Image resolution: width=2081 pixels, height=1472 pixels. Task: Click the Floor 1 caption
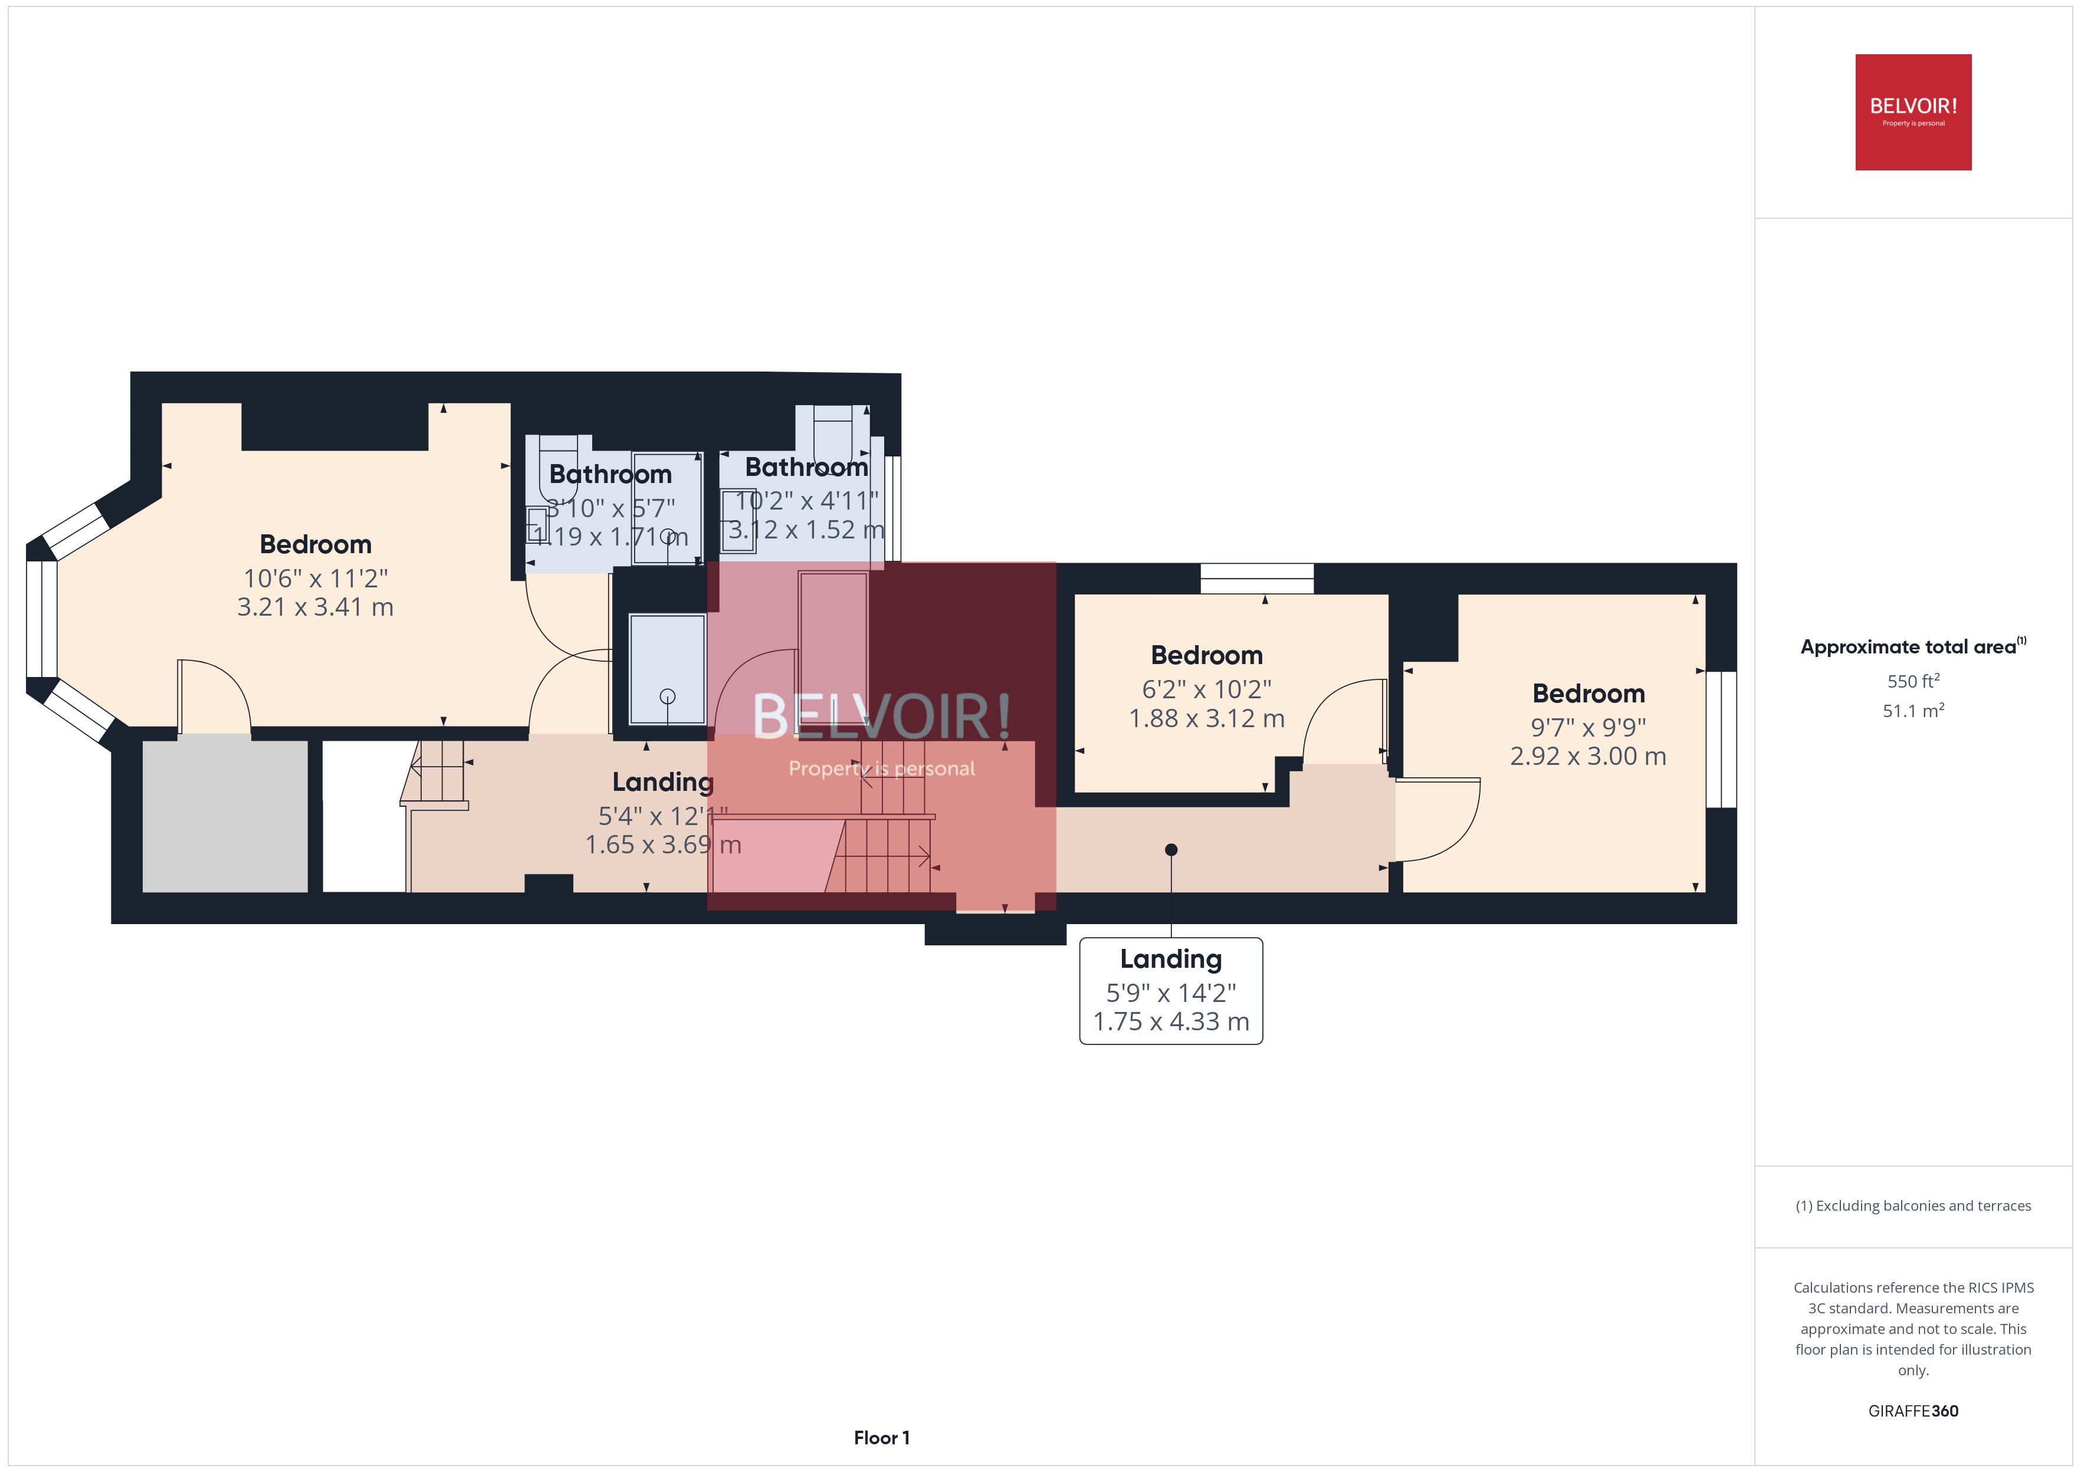[881, 1438]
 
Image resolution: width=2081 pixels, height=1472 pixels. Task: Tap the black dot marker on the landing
[1171, 849]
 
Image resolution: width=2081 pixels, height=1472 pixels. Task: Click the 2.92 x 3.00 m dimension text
[1588, 756]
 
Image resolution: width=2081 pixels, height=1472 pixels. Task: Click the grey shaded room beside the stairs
[225, 816]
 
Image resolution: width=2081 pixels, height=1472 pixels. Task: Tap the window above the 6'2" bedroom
[1256, 579]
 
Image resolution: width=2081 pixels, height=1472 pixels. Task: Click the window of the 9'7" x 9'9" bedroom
[1721, 739]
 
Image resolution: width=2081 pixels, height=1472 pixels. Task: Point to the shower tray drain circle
[668, 696]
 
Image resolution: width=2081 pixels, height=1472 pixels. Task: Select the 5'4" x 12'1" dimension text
[662, 816]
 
